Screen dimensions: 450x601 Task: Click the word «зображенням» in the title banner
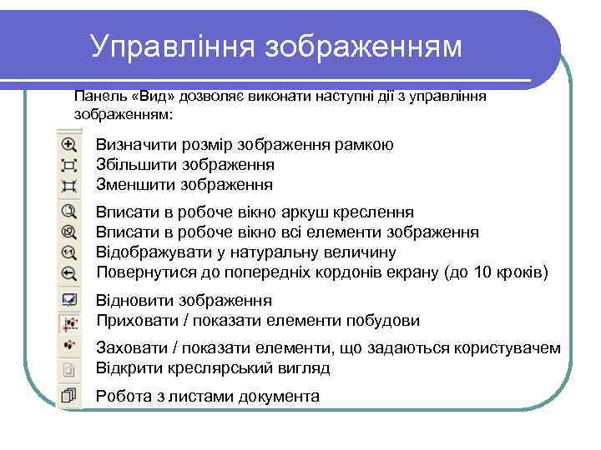point(363,47)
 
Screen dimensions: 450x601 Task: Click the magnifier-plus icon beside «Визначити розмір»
point(69,145)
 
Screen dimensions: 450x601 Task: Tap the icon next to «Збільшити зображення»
point(69,165)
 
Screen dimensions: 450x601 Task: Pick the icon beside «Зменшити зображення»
point(69,185)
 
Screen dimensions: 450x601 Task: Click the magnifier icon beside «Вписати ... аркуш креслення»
point(69,212)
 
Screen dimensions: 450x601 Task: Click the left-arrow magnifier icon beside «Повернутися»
point(69,272)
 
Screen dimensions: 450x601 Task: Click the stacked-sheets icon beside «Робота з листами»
point(69,396)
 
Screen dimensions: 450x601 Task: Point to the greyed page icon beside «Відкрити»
point(69,367)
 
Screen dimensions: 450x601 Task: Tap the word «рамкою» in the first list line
point(363,145)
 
